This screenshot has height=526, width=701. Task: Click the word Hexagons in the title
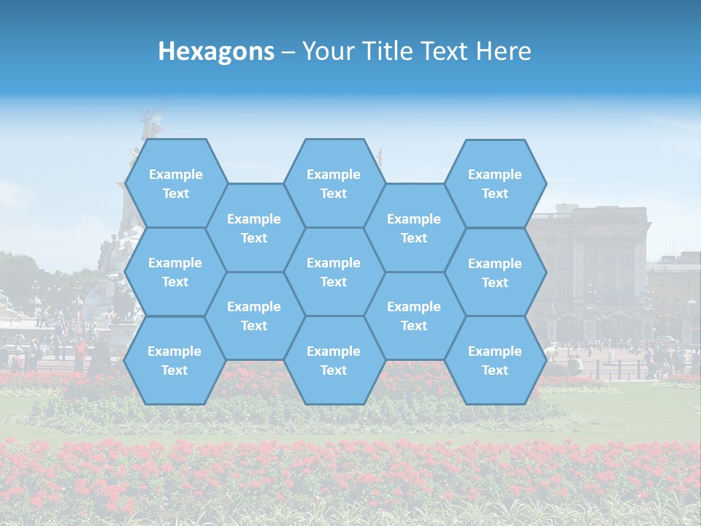(216, 51)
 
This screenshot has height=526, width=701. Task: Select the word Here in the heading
(503, 51)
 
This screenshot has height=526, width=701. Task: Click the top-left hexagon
(175, 183)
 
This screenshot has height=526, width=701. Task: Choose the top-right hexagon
(495, 183)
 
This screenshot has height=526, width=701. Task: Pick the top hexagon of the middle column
(334, 183)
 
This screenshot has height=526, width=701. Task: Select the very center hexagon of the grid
(334, 272)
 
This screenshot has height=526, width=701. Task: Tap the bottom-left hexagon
(175, 360)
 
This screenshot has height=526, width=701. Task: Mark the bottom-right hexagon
(495, 360)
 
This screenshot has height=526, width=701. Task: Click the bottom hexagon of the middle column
(334, 360)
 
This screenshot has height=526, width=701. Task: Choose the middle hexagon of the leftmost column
(175, 272)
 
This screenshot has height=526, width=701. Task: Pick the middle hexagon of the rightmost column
(495, 272)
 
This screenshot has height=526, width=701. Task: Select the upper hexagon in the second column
(254, 228)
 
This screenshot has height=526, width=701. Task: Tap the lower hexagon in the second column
(254, 316)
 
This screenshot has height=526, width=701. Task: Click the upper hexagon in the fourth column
(414, 228)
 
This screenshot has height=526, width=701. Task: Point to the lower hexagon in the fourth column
(414, 316)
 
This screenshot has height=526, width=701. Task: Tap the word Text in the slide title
(446, 51)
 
